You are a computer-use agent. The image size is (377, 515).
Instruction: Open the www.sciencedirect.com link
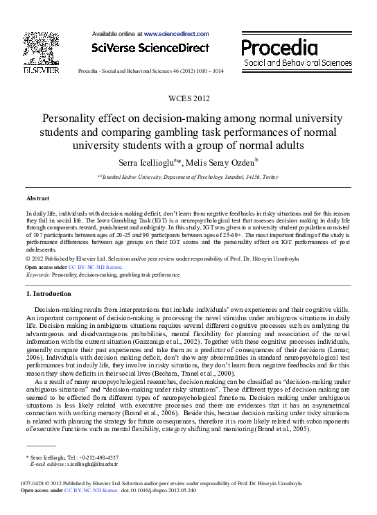(x=176, y=33)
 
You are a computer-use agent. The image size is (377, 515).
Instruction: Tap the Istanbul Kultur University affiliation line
(x=188, y=177)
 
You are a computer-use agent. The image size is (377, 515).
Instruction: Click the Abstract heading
(x=37, y=199)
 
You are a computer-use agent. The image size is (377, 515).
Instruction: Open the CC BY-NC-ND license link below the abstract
(x=96, y=266)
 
